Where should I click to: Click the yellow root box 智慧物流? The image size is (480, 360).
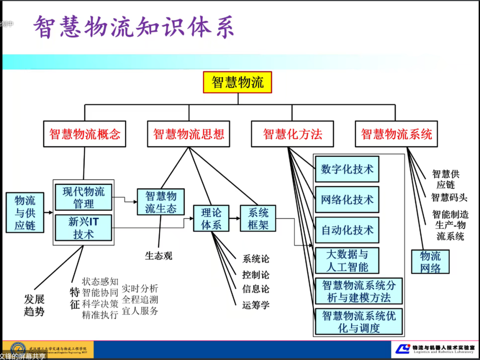[x=237, y=82]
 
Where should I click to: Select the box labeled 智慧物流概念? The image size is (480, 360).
[x=84, y=134]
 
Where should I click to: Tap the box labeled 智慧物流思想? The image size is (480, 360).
[x=188, y=134]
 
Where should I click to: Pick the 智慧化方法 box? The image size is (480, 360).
[x=292, y=134]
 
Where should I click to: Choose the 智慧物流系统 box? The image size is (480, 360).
[x=396, y=134]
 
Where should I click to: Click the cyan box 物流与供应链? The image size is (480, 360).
[x=25, y=212]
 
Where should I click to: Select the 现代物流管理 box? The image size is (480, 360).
[x=84, y=198]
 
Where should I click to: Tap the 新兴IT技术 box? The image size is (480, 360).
[x=84, y=228]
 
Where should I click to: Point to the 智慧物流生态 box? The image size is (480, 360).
[x=161, y=202]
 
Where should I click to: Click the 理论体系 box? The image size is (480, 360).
[x=211, y=218]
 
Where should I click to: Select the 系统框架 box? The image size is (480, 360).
[x=258, y=218]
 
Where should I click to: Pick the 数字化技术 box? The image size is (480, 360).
[x=347, y=169]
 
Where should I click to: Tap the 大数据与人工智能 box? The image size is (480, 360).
[x=347, y=260]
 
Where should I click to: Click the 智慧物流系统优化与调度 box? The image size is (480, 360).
[x=359, y=322]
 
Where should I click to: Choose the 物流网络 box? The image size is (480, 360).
[x=430, y=262]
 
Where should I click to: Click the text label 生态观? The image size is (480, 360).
[x=158, y=256]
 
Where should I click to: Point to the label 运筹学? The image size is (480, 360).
[x=256, y=305]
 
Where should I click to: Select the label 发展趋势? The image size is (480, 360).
[x=34, y=305]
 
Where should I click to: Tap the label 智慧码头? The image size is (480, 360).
[x=449, y=197]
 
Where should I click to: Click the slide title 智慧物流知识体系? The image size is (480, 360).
[x=133, y=28]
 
